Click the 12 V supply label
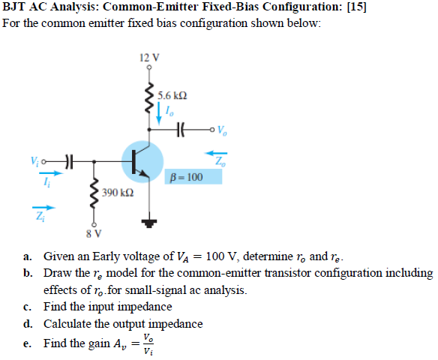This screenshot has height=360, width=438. point(149,57)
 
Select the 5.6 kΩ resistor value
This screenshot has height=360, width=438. point(172,95)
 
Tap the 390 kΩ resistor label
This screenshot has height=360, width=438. point(118,192)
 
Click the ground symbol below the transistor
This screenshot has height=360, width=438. point(149,223)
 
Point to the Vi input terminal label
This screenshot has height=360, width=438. point(34,159)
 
